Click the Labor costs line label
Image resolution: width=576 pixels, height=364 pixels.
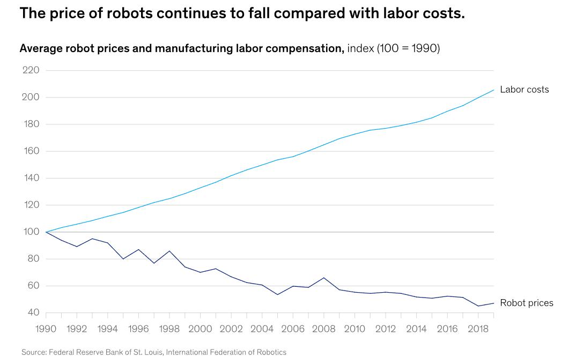click(x=524, y=90)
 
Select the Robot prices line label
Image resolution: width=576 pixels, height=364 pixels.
click(x=526, y=303)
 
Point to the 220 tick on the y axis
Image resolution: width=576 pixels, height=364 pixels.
click(x=30, y=70)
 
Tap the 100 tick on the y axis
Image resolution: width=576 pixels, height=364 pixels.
click(x=30, y=232)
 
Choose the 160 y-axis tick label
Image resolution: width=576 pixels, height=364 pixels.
click(x=30, y=151)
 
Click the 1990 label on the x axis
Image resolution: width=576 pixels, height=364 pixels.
click(x=46, y=328)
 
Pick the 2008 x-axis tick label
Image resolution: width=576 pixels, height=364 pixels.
click(x=324, y=328)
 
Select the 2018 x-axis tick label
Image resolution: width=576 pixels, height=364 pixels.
click(x=478, y=328)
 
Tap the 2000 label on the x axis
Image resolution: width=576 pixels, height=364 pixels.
click(x=200, y=328)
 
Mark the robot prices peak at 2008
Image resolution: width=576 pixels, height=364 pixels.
click(x=324, y=278)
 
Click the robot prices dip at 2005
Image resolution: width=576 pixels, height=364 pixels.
click(x=277, y=294)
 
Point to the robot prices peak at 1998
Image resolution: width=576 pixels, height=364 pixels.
click(x=169, y=251)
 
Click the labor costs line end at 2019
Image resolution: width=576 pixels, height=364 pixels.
click(x=493, y=90)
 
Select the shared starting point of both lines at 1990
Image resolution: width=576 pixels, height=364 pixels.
click(x=46, y=232)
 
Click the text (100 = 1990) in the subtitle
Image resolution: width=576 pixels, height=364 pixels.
click(x=408, y=49)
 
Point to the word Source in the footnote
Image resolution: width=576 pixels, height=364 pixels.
click(x=33, y=352)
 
